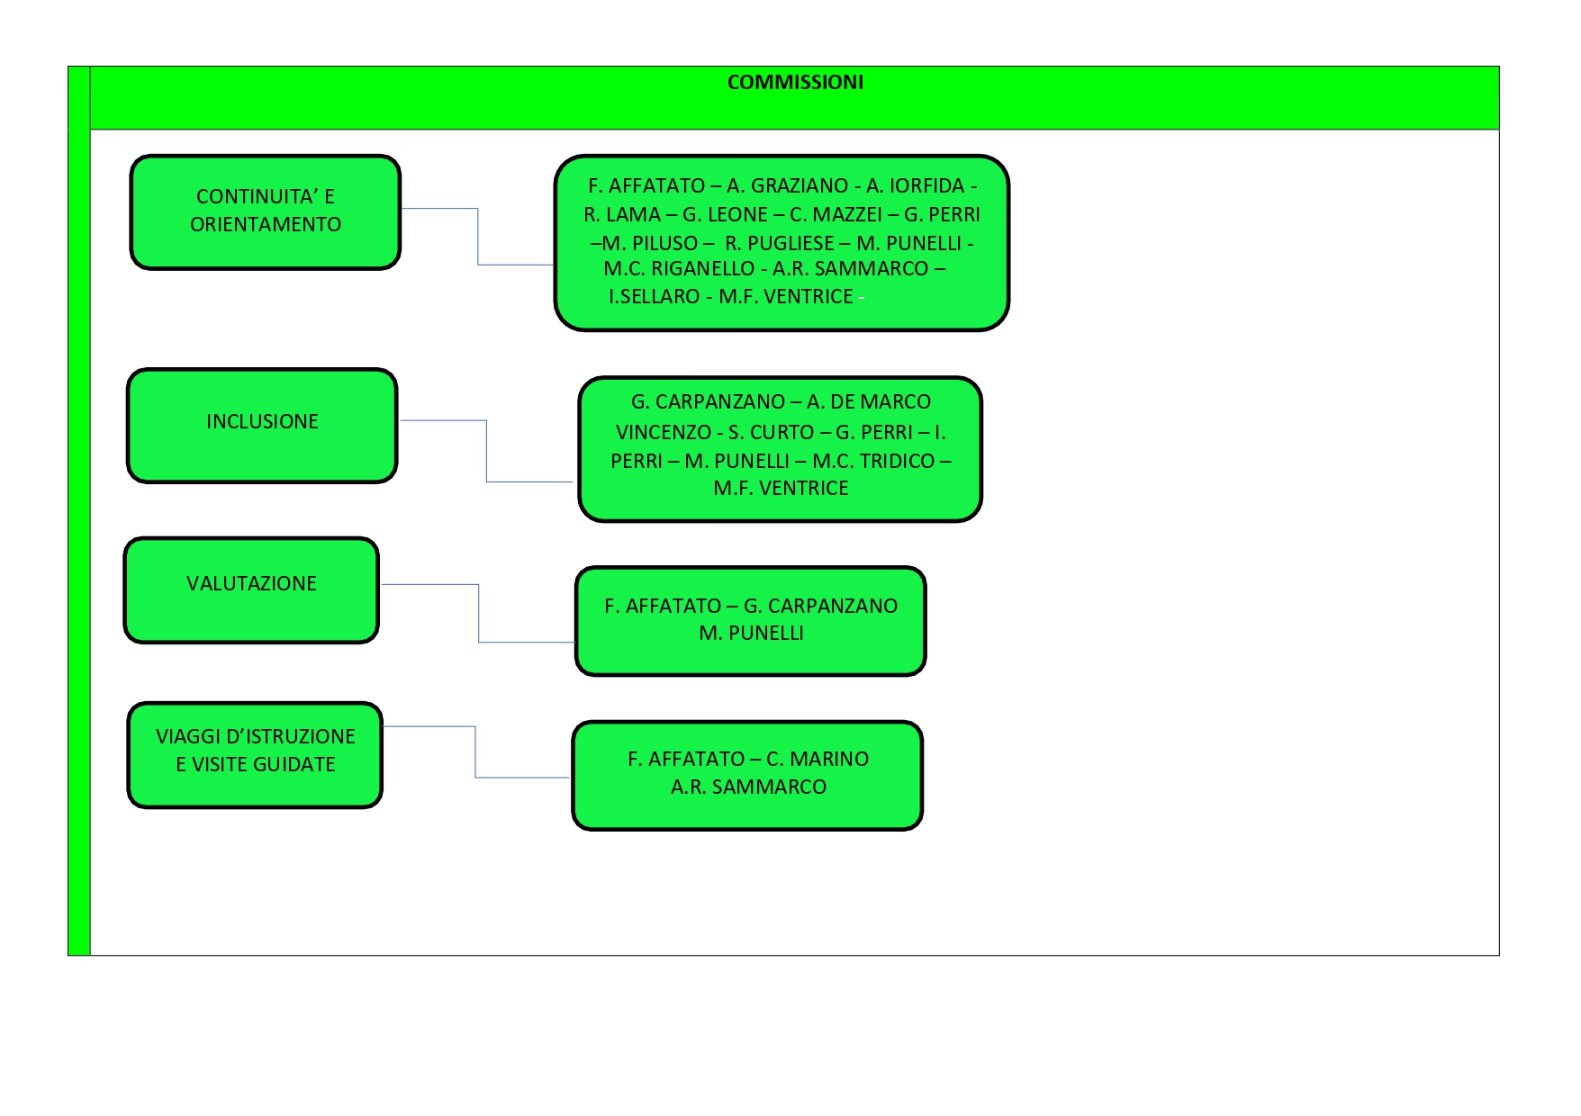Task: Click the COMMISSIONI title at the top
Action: tap(795, 83)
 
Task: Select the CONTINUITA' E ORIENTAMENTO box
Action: tap(266, 212)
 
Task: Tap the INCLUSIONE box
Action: tap(262, 426)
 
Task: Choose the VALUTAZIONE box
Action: tap(251, 590)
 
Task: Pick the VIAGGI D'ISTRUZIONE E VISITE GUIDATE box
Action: tap(256, 755)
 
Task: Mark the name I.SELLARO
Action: tap(654, 297)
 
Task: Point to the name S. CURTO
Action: tap(772, 433)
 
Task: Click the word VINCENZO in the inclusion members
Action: tap(664, 433)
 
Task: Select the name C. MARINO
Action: tap(818, 760)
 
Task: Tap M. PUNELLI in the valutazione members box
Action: tap(751, 634)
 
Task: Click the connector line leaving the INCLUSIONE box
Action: tap(486, 451)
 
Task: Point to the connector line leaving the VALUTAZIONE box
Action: tap(479, 613)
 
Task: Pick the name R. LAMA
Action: tap(622, 215)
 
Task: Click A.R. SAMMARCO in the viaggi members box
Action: tap(748, 787)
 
